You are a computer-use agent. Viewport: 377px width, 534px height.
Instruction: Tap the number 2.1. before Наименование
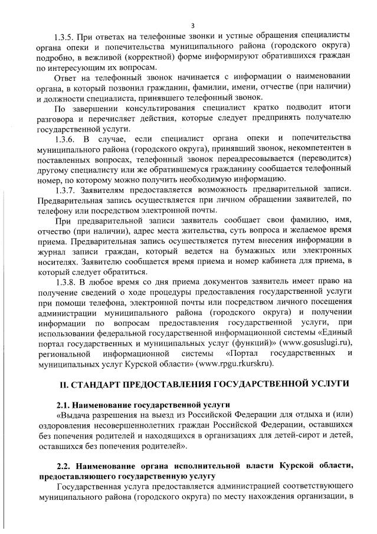pos(64,405)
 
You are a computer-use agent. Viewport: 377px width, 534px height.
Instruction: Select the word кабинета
pos(284,262)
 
